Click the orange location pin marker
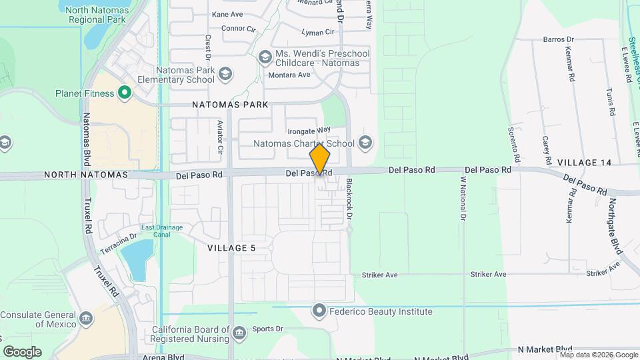320,159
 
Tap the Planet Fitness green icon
123,93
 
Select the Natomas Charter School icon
364,143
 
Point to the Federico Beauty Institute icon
320,311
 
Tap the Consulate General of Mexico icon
86,319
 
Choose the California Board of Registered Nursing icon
239,331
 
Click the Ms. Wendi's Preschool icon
265,58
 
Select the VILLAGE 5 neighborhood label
231,248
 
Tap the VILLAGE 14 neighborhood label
584,163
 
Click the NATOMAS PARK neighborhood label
230,105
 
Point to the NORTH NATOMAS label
85,175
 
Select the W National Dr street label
461,198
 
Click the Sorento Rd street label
513,145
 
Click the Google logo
22,352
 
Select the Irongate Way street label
309,130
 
